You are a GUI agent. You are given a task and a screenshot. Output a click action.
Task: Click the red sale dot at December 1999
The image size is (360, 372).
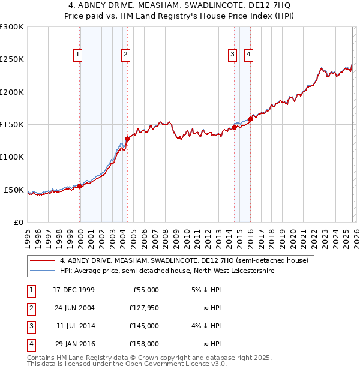[x=80, y=186]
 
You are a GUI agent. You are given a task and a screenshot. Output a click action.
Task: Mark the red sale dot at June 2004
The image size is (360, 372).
[x=127, y=139]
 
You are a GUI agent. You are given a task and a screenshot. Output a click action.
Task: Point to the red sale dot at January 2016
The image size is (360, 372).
[x=250, y=119]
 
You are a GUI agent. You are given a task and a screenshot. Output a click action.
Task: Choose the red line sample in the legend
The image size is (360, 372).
[x=43, y=261]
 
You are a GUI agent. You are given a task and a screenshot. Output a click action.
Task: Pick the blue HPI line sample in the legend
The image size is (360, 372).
[x=43, y=271]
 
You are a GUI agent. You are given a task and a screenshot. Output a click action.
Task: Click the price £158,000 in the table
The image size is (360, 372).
[x=144, y=344]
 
